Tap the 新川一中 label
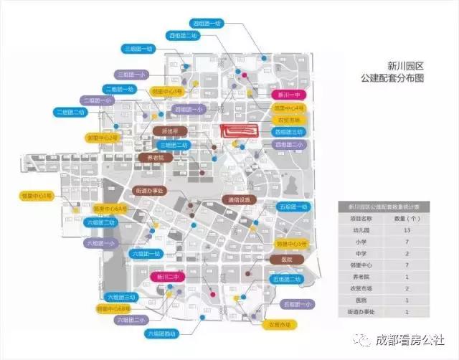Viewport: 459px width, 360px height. click(290, 95)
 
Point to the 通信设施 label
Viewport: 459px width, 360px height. click(239, 199)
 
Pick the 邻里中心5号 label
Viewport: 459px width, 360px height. click(292, 243)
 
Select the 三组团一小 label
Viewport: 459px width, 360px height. click(132, 74)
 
